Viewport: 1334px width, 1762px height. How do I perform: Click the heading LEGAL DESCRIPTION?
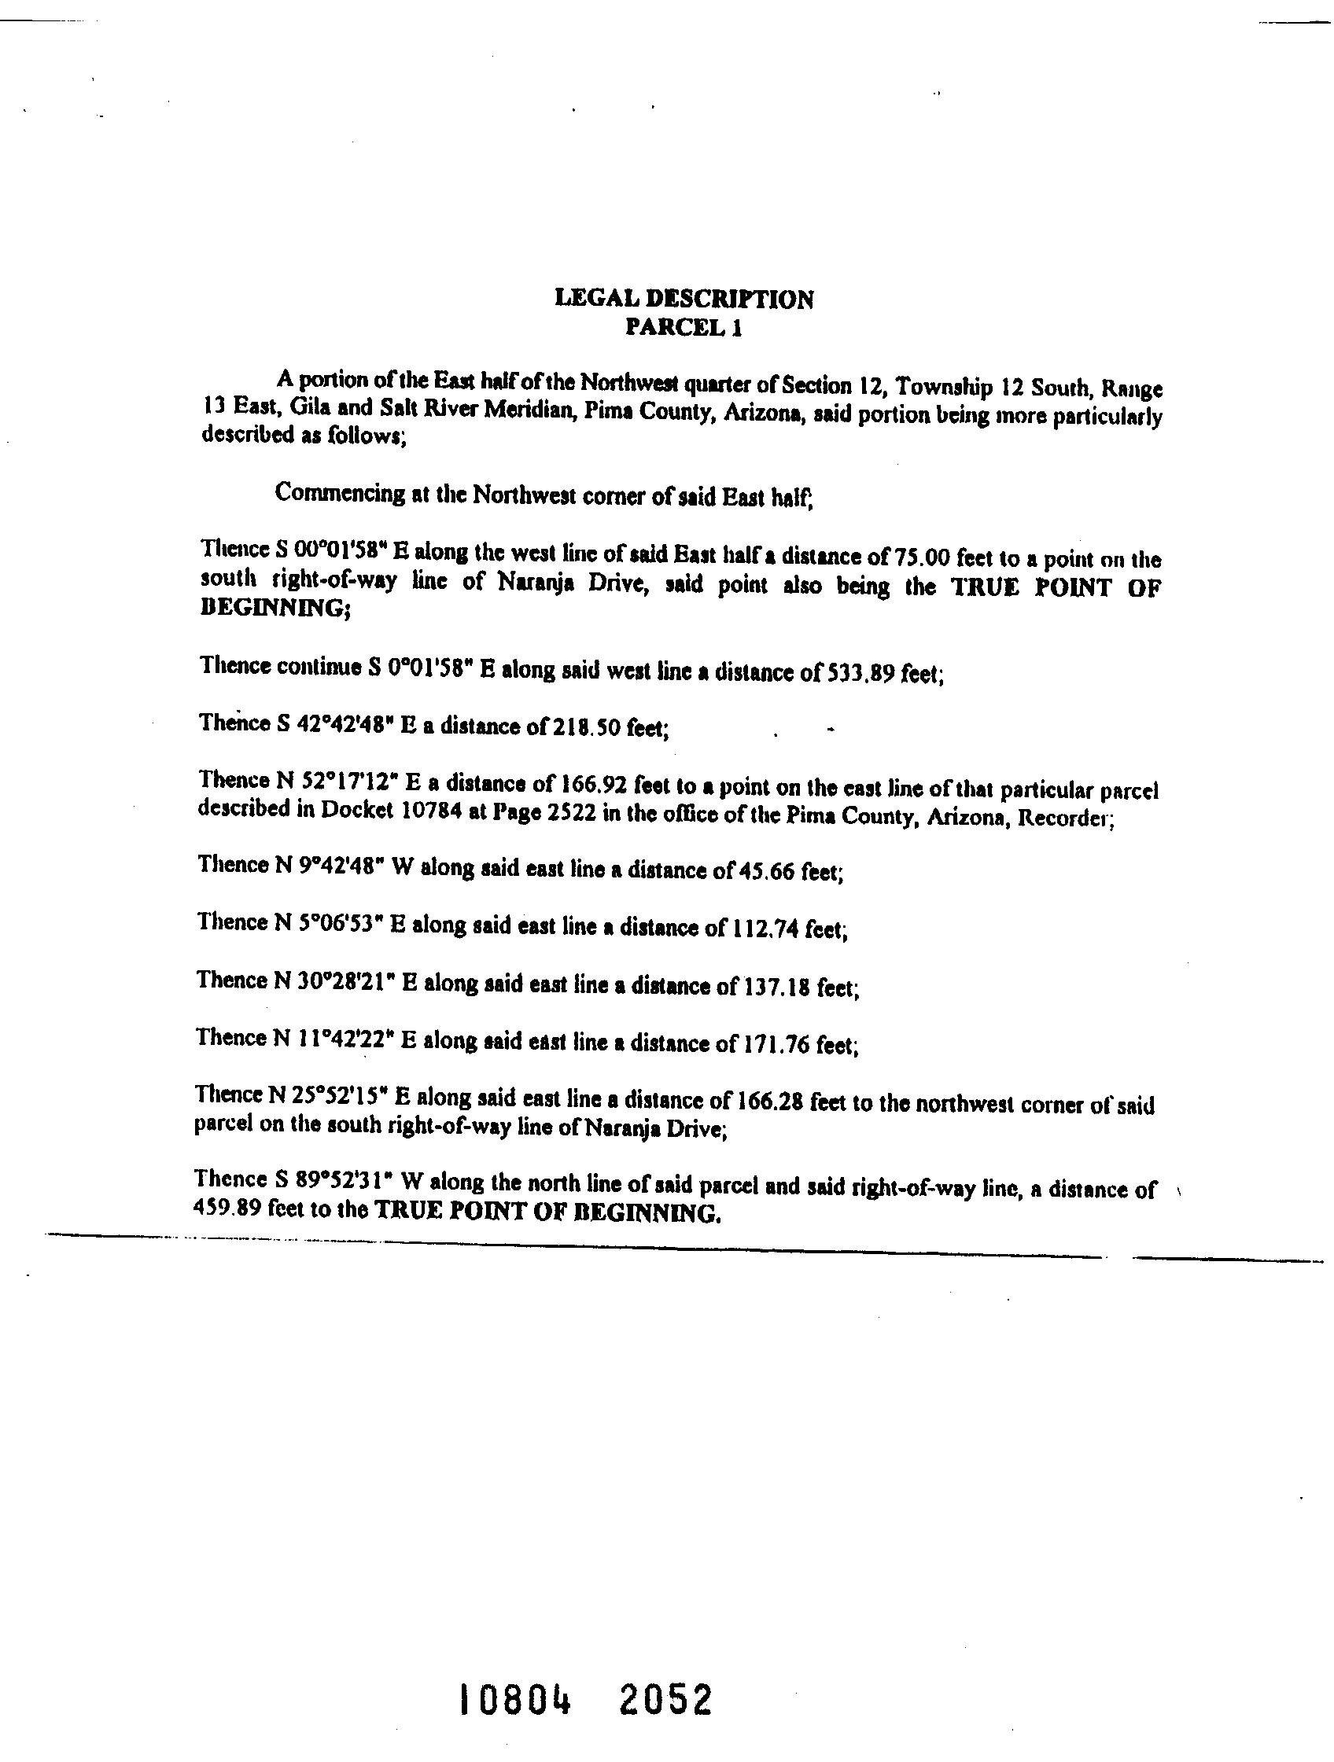pyautogui.click(x=684, y=299)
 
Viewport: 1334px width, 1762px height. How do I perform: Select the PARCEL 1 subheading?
pyautogui.click(x=684, y=327)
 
